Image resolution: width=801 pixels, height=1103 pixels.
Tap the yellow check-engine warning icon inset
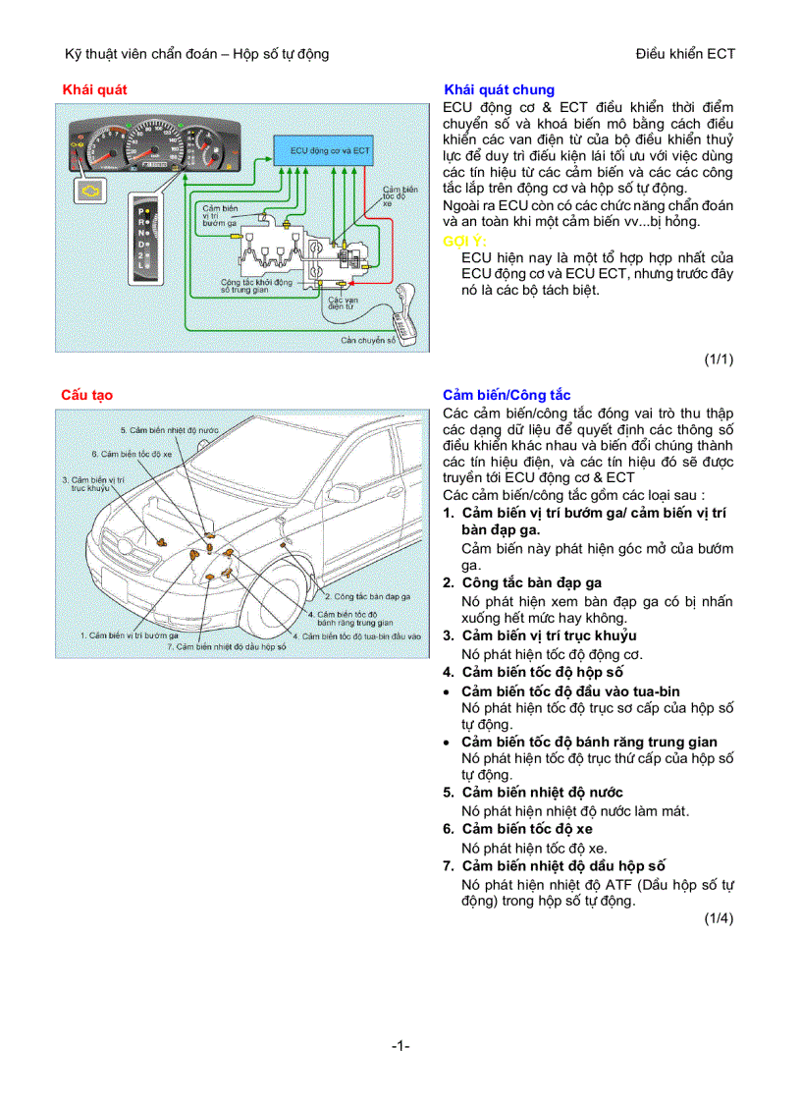91,186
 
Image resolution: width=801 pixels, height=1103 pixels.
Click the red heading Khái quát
94,89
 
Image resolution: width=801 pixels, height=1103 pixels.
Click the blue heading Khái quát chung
499,89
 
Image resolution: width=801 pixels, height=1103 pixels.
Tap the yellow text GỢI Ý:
465,241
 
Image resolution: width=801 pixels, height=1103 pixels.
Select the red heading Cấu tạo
87,395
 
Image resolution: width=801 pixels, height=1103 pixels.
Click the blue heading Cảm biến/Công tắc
507,395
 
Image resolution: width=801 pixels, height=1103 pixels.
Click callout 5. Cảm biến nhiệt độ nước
169,430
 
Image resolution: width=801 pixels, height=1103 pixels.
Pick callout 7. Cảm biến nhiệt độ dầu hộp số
226,646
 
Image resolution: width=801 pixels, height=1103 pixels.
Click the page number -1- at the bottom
400,1046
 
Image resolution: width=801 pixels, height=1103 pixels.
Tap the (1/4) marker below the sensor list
718,918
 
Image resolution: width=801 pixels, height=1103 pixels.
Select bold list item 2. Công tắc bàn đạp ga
531,582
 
